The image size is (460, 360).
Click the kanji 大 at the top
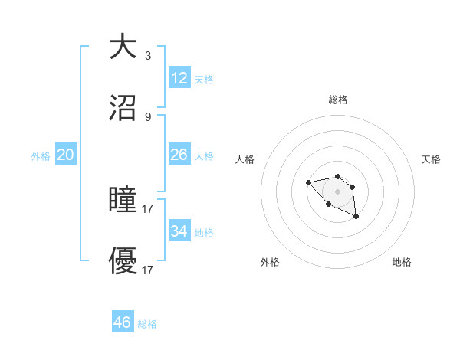[x=123, y=47]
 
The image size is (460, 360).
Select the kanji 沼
[x=123, y=108]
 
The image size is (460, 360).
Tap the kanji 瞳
[x=123, y=200]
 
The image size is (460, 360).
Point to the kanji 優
[x=123, y=261]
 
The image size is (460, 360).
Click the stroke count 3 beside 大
[x=147, y=55]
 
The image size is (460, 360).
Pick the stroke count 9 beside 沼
[x=147, y=116]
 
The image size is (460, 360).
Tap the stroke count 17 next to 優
[x=148, y=270]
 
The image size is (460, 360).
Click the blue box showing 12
[x=179, y=78]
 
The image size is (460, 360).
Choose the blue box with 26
[x=179, y=155]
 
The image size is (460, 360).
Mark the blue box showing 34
[x=179, y=231]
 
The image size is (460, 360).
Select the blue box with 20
[x=65, y=155]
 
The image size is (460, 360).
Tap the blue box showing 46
[x=123, y=322]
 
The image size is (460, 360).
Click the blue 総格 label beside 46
[x=147, y=324]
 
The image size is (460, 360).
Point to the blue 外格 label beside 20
[x=41, y=156]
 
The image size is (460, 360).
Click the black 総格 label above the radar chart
[x=338, y=100]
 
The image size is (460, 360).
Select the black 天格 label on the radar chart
[x=432, y=159]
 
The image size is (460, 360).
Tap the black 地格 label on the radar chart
[x=402, y=262]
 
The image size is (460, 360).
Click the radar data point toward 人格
[x=308, y=182]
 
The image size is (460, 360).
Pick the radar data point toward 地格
[x=356, y=218]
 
